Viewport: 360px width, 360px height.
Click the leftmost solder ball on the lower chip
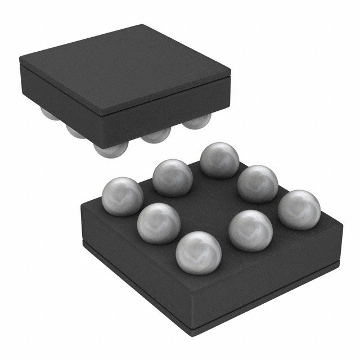(x=122, y=196)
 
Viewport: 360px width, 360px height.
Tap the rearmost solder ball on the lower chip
(x=219, y=160)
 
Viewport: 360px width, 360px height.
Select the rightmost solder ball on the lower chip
(x=299, y=209)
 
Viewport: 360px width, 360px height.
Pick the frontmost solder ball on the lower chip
(x=198, y=253)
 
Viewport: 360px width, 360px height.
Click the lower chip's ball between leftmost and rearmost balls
(x=172, y=177)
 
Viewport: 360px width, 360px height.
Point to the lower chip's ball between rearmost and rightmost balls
(x=258, y=183)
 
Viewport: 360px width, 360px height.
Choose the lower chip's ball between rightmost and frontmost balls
(x=250, y=230)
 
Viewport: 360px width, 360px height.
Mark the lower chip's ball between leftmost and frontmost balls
(x=158, y=223)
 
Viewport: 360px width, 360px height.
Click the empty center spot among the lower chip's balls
(x=209, y=204)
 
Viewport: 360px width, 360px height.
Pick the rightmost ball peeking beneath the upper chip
(x=197, y=120)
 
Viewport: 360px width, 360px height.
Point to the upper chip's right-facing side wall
(x=169, y=112)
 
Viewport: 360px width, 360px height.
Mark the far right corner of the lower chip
(x=343, y=225)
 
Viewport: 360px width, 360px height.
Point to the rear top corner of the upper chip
(x=147, y=26)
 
